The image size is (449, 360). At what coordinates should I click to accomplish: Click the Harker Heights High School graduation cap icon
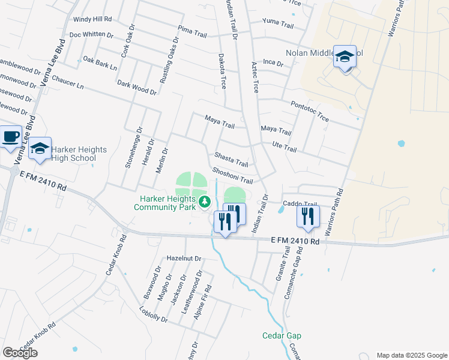40,150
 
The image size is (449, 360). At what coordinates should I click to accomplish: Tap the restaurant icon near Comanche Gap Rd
308,217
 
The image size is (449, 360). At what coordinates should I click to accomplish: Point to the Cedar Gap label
282,335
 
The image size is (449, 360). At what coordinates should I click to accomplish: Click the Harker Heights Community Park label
165,203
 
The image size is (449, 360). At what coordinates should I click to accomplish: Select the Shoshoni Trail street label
232,176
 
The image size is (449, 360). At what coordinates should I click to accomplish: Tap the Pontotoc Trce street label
310,112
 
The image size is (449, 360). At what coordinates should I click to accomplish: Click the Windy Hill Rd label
92,19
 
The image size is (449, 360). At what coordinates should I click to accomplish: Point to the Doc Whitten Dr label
91,35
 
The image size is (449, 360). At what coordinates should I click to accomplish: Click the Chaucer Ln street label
67,82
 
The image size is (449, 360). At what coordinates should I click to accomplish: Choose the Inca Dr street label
272,62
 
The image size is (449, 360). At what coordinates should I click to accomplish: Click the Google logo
20,353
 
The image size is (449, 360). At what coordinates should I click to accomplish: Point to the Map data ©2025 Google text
411,355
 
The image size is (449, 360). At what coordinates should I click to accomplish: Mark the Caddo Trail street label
300,204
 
